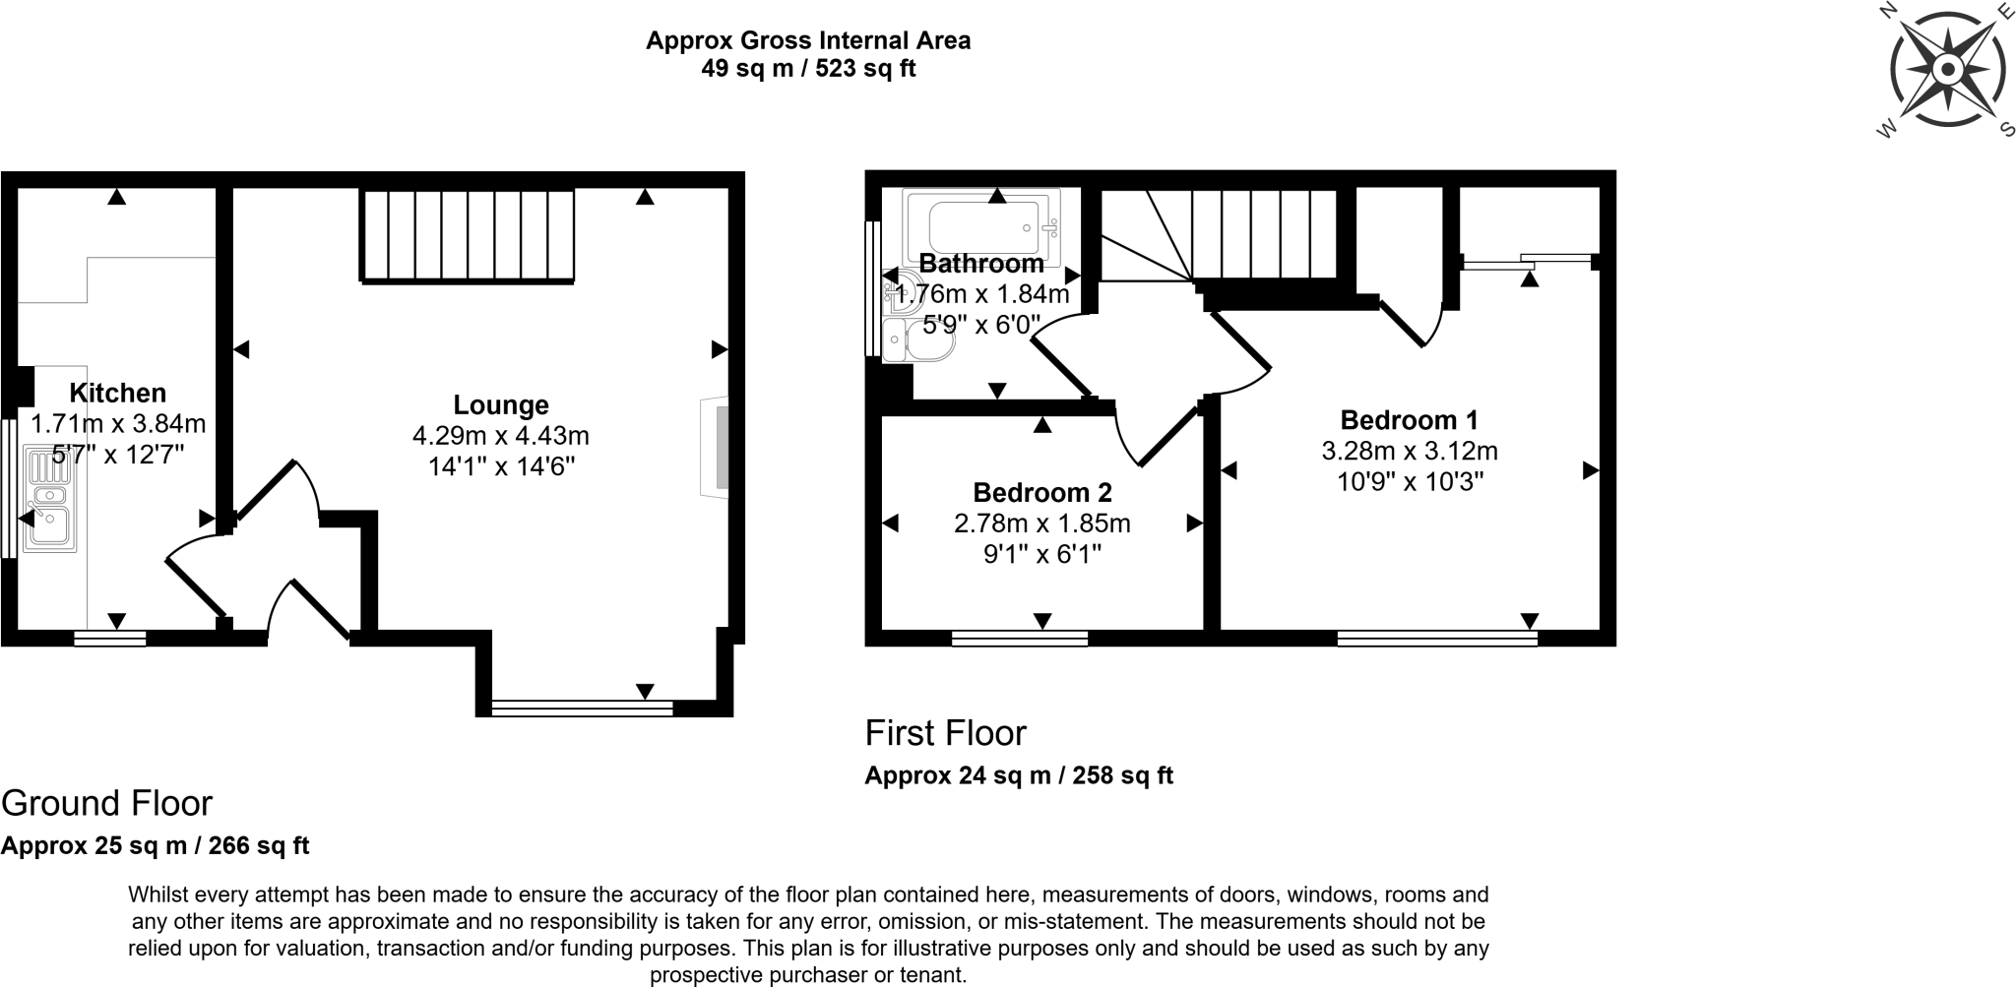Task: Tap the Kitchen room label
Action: (x=117, y=394)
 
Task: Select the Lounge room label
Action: (x=501, y=405)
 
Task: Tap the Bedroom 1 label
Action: (x=1409, y=420)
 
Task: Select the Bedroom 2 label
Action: (x=1041, y=492)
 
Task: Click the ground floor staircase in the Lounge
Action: (x=469, y=236)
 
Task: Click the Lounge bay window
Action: (x=582, y=706)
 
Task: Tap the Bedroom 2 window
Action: (x=1019, y=639)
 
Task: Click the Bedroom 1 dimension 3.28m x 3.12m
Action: (x=1409, y=452)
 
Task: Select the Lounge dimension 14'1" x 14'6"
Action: (x=501, y=466)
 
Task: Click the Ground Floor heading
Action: (x=106, y=803)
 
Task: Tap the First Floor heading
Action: (x=945, y=733)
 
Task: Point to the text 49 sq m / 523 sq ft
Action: (x=807, y=69)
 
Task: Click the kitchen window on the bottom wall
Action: (x=110, y=639)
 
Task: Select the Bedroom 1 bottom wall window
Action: (x=1436, y=639)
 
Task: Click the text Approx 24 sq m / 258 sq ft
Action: (x=1018, y=775)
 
